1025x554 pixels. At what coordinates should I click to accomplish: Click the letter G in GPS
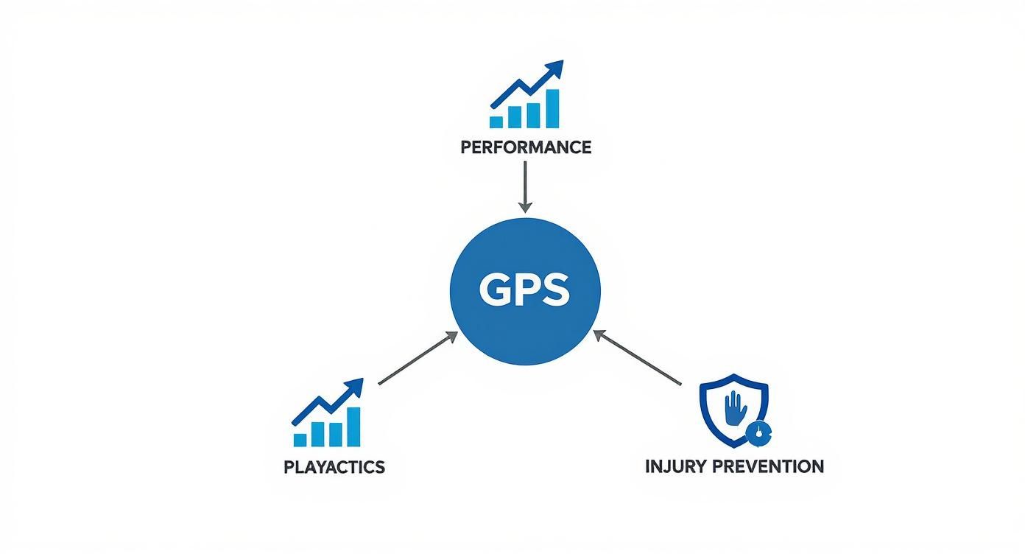(493, 292)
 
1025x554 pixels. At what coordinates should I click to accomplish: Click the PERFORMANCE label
(525, 147)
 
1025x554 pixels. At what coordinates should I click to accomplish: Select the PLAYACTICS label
(334, 467)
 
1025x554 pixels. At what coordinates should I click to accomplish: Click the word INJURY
(678, 466)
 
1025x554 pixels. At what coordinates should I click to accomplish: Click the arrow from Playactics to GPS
(418, 359)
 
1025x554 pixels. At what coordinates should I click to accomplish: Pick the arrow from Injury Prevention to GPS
(638, 358)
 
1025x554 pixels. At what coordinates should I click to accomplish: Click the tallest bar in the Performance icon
(551, 108)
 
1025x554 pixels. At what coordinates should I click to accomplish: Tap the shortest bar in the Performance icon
(497, 122)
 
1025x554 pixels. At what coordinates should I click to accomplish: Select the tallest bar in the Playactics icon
(353, 427)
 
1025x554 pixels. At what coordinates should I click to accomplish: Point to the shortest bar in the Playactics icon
(300, 439)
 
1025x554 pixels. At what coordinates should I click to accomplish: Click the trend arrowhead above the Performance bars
(554, 69)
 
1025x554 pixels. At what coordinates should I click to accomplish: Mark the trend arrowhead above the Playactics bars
(356, 387)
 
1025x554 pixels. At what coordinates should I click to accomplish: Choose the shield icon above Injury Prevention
(733, 411)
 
